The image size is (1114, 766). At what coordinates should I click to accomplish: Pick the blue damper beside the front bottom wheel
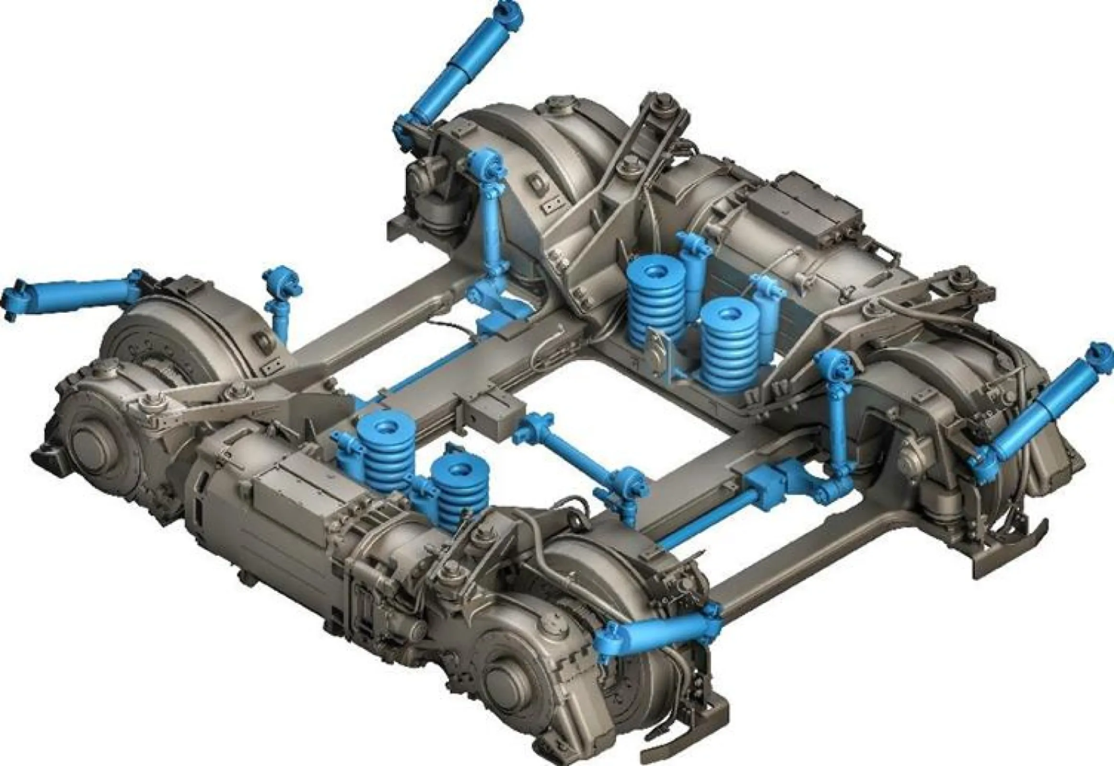pyautogui.click(x=658, y=634)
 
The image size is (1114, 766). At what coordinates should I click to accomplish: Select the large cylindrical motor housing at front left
pyautogui.click(x=269, y=518)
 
